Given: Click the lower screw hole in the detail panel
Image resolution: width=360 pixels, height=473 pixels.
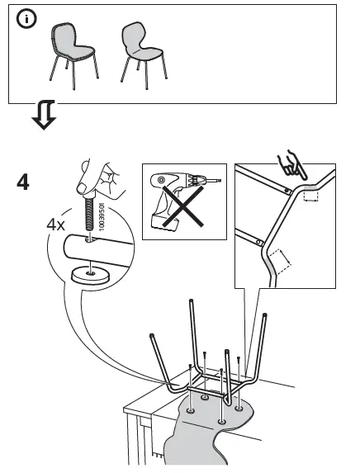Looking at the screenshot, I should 259,243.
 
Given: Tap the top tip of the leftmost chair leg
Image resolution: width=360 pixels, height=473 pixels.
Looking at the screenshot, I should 154,335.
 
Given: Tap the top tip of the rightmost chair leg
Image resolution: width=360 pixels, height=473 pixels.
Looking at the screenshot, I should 264,316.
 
